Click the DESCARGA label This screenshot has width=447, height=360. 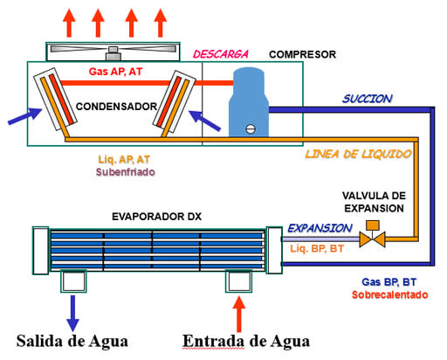coord(220,54)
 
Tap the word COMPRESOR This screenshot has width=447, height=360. coord(302,54)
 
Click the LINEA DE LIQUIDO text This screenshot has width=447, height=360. coord(357,154)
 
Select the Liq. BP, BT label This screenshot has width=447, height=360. coord(318,250)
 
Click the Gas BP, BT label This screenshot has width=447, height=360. coord(390,282)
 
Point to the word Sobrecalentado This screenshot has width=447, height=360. coord(390,295)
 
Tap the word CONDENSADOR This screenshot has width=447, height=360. coord(114,107)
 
